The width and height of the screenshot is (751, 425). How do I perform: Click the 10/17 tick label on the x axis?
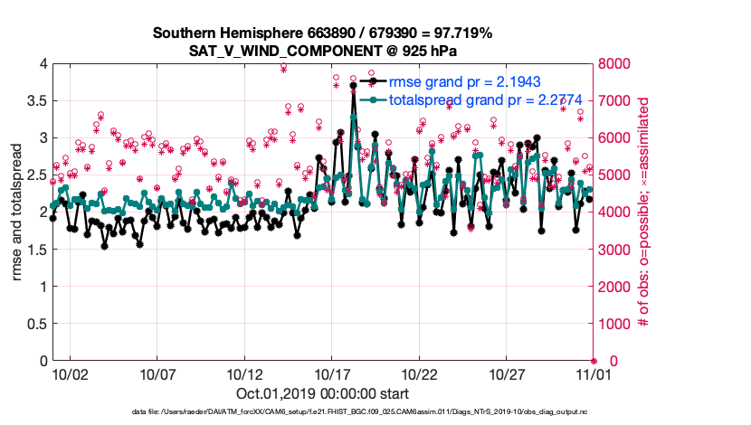332,373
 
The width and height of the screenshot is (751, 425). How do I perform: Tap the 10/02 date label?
70,373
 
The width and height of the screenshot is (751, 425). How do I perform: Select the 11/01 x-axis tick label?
594,373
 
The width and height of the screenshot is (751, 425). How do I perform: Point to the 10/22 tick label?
420,373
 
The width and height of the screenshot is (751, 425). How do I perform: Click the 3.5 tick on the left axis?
35,100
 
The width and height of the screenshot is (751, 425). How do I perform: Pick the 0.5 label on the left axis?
35,324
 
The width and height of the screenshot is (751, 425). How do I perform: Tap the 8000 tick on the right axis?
616,63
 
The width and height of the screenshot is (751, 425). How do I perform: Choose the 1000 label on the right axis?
616,324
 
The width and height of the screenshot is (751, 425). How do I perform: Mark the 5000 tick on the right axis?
616,175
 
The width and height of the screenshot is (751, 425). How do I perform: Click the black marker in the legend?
373,81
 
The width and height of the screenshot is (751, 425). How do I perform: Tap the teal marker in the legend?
373,99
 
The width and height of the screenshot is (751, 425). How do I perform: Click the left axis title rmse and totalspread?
16,212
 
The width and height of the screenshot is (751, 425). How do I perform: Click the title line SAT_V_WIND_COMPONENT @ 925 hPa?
323,50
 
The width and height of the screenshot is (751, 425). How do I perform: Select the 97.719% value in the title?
462,33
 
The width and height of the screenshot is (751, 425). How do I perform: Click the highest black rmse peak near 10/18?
353,86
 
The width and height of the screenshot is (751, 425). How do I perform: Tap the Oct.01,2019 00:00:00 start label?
323,393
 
